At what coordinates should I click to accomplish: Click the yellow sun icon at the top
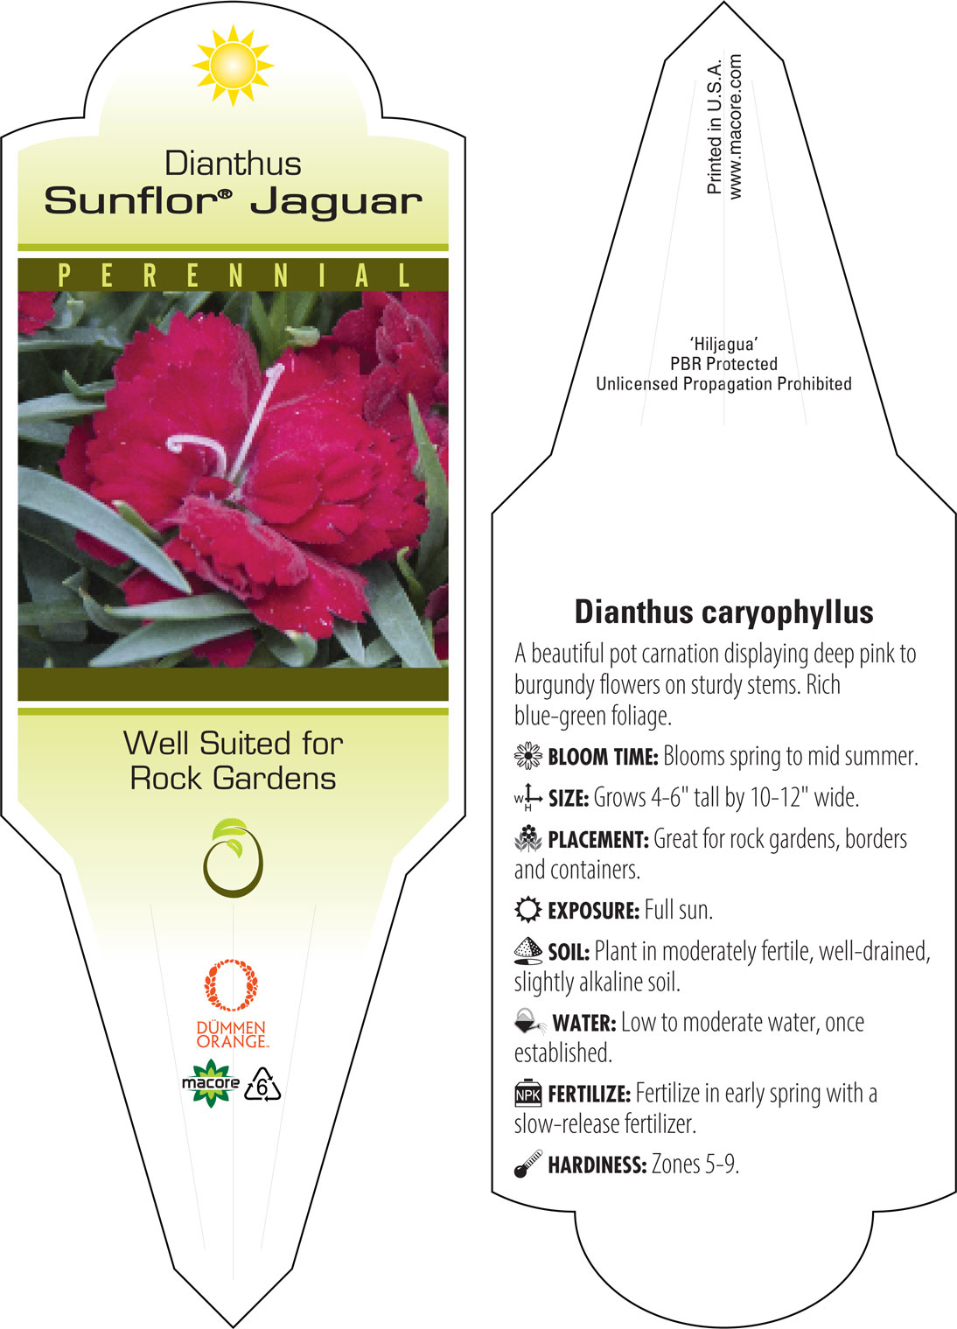pyautogui.click(x=233, y=66)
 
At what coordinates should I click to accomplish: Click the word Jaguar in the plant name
pyautogui.click(x=337, y=203)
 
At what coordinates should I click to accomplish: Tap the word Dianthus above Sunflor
pyautogui.click(x=233, y=163)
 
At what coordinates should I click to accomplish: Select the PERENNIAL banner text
pyautogui.click(x=234, y=276)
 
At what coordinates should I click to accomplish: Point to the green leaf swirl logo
pyautogui.click(x=233, y=857)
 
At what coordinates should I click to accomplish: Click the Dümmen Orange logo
pyautogui.click(x=232, y=1004)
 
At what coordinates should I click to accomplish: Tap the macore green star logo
pyautogui.click(x=211, y=1083)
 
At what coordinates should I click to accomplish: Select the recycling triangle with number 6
pyautogui.click(x=262, y=1085)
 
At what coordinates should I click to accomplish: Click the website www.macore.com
pyautogui.click(x=735, y=127)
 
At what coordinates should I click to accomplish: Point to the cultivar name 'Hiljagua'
pyautogui.click(x=723, y=344)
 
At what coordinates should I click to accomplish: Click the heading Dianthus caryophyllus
pyautogui.click(x=723, y=612)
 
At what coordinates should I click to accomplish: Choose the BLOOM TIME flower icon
pyautogui.click(x=527, y=756)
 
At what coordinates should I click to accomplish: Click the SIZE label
pyautogui.click(x=569, y=799)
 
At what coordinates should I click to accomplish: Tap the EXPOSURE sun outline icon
pyautogui.click(x=527, y=910)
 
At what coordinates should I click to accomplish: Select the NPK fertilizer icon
pyautogui.click(x=527, y=1093)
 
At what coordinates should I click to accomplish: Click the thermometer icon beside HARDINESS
pyautogui.click(x=527, y=1164)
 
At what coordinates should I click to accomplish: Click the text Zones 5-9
pyautogui.click(x=695, y=1164)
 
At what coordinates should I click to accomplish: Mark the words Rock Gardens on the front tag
pyautogui.click(x=234, y=778)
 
